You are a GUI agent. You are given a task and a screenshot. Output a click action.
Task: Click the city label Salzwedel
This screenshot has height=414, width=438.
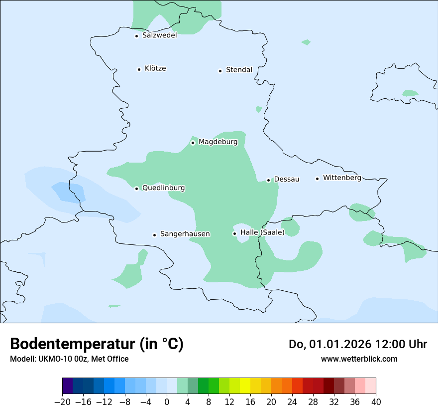point(159,35)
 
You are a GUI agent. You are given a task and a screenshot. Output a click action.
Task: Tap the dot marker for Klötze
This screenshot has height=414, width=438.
point(139,69)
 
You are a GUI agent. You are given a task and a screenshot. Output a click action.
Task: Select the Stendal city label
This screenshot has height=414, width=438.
point(239,70)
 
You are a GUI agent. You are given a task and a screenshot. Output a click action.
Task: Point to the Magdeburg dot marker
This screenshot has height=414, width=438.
point(193,143)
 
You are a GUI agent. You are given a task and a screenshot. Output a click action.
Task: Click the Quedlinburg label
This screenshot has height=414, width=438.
point(163,188)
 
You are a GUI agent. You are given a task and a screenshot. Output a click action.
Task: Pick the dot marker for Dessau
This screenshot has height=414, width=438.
point(268,180)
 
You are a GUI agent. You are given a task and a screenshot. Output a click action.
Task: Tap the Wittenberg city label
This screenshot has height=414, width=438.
point(342,178)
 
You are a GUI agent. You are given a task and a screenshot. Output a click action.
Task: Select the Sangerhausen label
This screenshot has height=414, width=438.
point(185,234)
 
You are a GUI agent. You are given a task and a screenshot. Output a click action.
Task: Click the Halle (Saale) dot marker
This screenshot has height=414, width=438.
point(234,233)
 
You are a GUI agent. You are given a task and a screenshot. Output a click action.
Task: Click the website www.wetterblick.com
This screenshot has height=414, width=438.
point(359,359)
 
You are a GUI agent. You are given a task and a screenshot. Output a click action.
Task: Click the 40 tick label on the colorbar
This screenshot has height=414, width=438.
point(376,402)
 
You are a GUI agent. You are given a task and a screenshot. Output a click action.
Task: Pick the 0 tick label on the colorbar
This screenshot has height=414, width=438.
point(167,402)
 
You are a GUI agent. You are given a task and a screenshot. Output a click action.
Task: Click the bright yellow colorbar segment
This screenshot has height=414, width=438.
point(245,386)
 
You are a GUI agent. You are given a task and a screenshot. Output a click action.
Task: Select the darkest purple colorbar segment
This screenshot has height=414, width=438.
point(68,386)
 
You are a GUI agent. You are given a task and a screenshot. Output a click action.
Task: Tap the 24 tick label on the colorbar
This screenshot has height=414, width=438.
point(292,402)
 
